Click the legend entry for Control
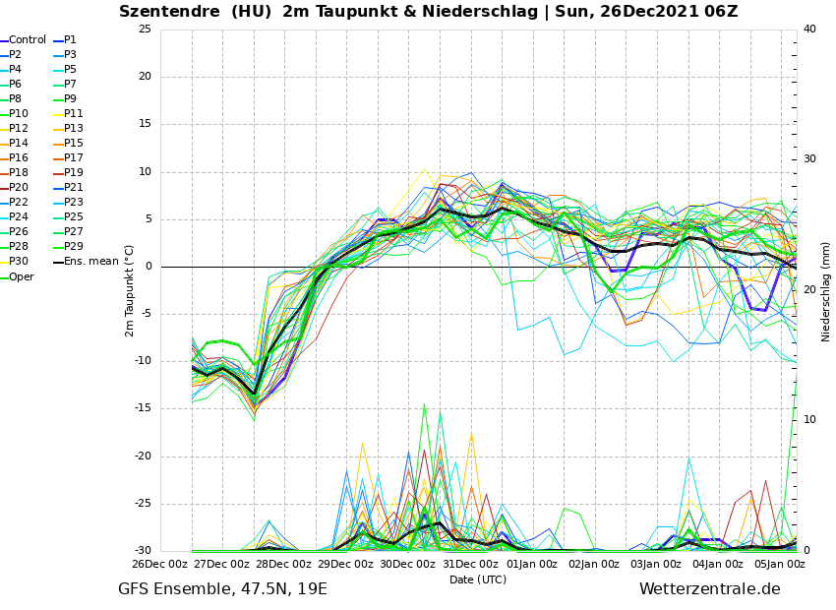click(x=28, y=40)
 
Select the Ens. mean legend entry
click(x=90, y=262)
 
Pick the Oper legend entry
click(x=21, y=276)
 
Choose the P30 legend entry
click(x=19, y=262)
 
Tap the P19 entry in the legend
click(x=74, y=173)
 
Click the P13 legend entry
click(x=74, y=129)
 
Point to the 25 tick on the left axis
click(x=145, y=30)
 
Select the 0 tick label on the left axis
click(x=148, y=267)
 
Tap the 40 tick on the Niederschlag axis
click(x=809, y=30)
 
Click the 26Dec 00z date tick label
click(x=159, y=565)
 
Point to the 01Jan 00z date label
click(x=531, y=565)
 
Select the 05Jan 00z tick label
click(x=780, y=565)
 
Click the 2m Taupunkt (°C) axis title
click(x=130, y=290)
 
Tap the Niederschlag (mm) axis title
click(x=826, y=291)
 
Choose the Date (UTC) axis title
click(x=478, y=579)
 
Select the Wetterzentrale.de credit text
click(x=709, y=589)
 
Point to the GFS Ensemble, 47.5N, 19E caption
click(x=222, y=589)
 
